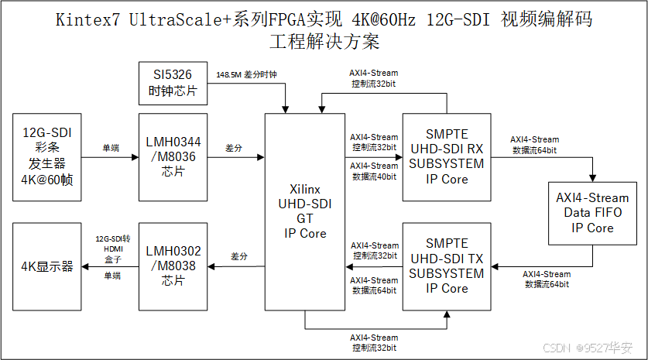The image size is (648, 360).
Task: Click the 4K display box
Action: tap(46, 266)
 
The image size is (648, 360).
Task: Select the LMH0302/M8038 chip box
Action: tap(173, 266)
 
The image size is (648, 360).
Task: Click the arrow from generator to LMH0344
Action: tap(109, 158)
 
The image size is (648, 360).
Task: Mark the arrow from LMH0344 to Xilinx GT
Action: tap(236, 158)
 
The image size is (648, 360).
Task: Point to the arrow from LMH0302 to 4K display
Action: tap(109, 267)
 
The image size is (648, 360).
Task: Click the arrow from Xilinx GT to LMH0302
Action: tap(236, 267)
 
